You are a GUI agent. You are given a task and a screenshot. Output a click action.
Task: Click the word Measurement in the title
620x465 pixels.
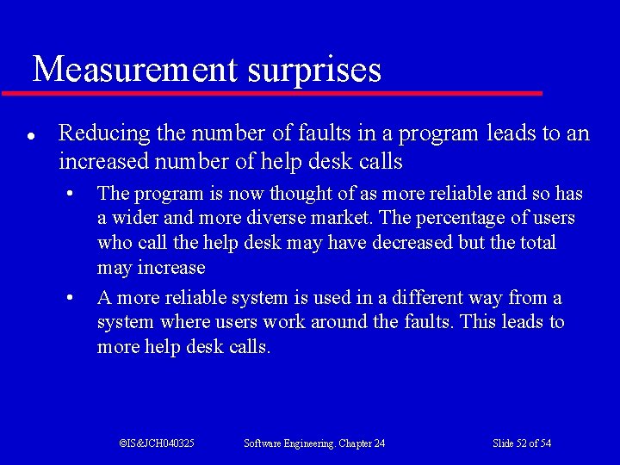pos(134,69)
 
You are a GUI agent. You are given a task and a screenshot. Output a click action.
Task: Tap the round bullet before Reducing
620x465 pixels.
pos(30,136)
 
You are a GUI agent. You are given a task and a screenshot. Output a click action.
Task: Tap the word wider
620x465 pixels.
pos(129,218)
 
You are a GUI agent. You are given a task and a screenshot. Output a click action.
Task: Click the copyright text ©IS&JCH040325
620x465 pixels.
pos(157,443)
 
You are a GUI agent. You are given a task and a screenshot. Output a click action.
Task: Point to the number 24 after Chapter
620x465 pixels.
pos(379,443)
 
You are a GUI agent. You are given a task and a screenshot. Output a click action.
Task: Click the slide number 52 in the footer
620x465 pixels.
pos(520,443)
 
